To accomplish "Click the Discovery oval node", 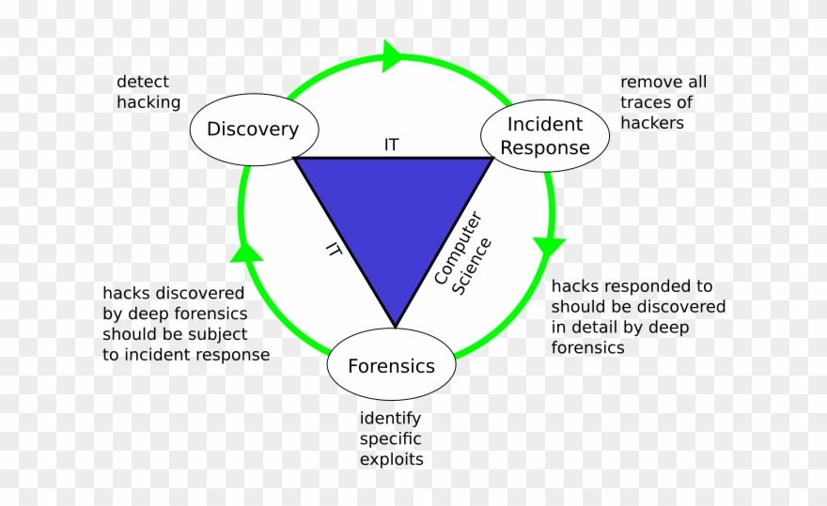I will (251, 130).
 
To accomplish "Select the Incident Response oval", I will (545, 136).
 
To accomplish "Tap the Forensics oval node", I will (391, 366).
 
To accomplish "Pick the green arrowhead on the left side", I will (245, 251).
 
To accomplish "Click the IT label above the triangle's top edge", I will (391, 145).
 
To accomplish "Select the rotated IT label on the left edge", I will (333, 248).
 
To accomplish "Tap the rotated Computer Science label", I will (462, 253).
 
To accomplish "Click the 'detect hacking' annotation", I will (148, 92).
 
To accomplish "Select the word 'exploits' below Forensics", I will (391, 459).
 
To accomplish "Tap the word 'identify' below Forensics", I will (390, 418).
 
